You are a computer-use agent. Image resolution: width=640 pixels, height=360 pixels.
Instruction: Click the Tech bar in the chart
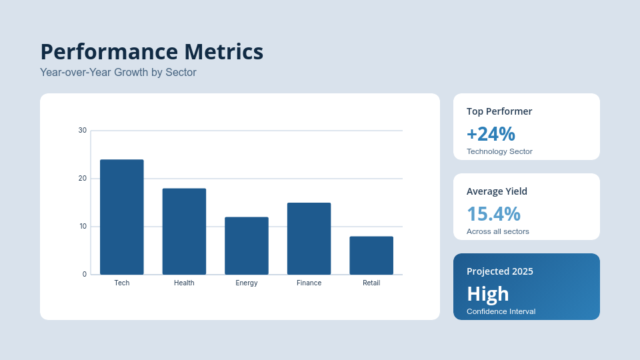click(121, 217)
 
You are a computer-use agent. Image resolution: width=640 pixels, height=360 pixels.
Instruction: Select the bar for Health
click(184, 231)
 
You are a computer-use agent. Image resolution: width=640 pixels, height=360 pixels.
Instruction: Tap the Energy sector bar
click(247, 246)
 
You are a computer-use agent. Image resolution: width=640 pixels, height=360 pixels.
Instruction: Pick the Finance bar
click(309, 239)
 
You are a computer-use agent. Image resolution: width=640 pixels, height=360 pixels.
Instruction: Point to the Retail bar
click(371, 255)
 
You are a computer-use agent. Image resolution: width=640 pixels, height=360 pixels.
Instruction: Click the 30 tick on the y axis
click(83, 130)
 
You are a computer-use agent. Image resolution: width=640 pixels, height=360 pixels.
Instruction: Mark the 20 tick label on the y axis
click(83, 179)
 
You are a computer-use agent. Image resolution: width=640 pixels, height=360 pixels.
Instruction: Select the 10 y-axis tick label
click(83, 226)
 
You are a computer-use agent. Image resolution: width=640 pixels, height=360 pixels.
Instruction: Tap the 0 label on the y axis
click(85, 274)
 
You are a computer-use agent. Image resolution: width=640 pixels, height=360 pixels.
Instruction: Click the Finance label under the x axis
click(309, 283)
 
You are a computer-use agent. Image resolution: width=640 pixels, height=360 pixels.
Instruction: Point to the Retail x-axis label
click(371, 283)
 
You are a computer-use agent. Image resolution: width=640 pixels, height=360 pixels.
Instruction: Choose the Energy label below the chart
click(247, 283)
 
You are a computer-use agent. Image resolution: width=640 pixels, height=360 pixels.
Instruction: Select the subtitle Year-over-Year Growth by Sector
click(118, 72)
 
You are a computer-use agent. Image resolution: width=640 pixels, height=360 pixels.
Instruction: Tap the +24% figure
click(491, 134)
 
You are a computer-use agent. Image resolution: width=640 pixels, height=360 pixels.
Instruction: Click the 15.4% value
click(493, 214)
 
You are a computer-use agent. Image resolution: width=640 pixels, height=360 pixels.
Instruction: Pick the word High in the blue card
click(488, 294)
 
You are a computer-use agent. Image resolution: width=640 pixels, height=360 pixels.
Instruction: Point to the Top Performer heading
click(499, 111)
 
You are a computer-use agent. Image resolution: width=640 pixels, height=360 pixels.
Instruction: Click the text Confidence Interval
click(501, 311)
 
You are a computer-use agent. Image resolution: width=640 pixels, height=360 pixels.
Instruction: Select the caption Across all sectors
click(497, 231)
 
